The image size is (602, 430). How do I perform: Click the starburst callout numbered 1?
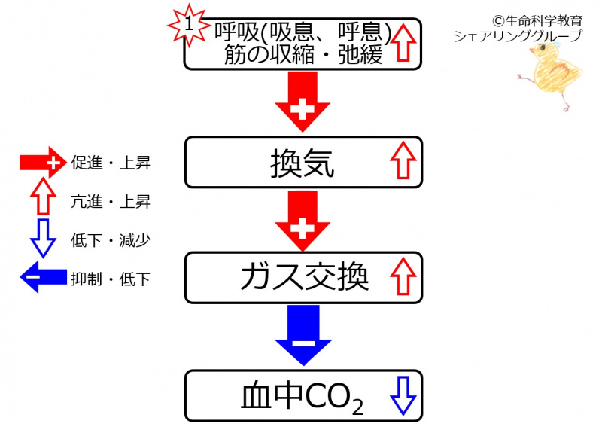(189, 24)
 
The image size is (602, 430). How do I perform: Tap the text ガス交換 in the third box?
(304, 277)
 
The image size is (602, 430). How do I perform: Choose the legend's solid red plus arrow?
(42, 162)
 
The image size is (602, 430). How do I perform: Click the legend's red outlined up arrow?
(42, 201)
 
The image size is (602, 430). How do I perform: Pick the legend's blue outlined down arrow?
(42, 239)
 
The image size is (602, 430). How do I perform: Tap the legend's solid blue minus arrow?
(42, 279)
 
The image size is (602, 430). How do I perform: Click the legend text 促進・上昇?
(111, 163)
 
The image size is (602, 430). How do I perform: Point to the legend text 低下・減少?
(111, 240)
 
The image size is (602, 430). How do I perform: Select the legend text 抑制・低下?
(111, 279)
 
